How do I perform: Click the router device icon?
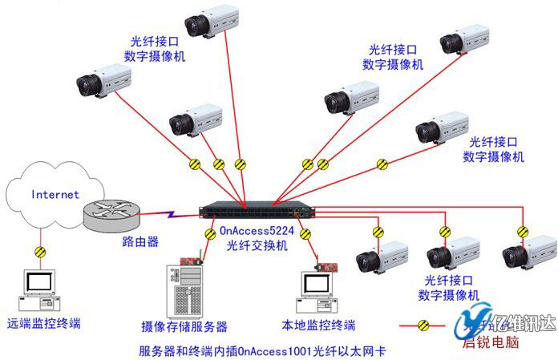[x=111, y=213]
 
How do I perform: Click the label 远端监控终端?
[x=44, y=324]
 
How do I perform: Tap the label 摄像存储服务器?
[x=184, y=327]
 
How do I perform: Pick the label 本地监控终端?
[x=318, y=326]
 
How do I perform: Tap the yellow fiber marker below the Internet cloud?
[x=39, y=252]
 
